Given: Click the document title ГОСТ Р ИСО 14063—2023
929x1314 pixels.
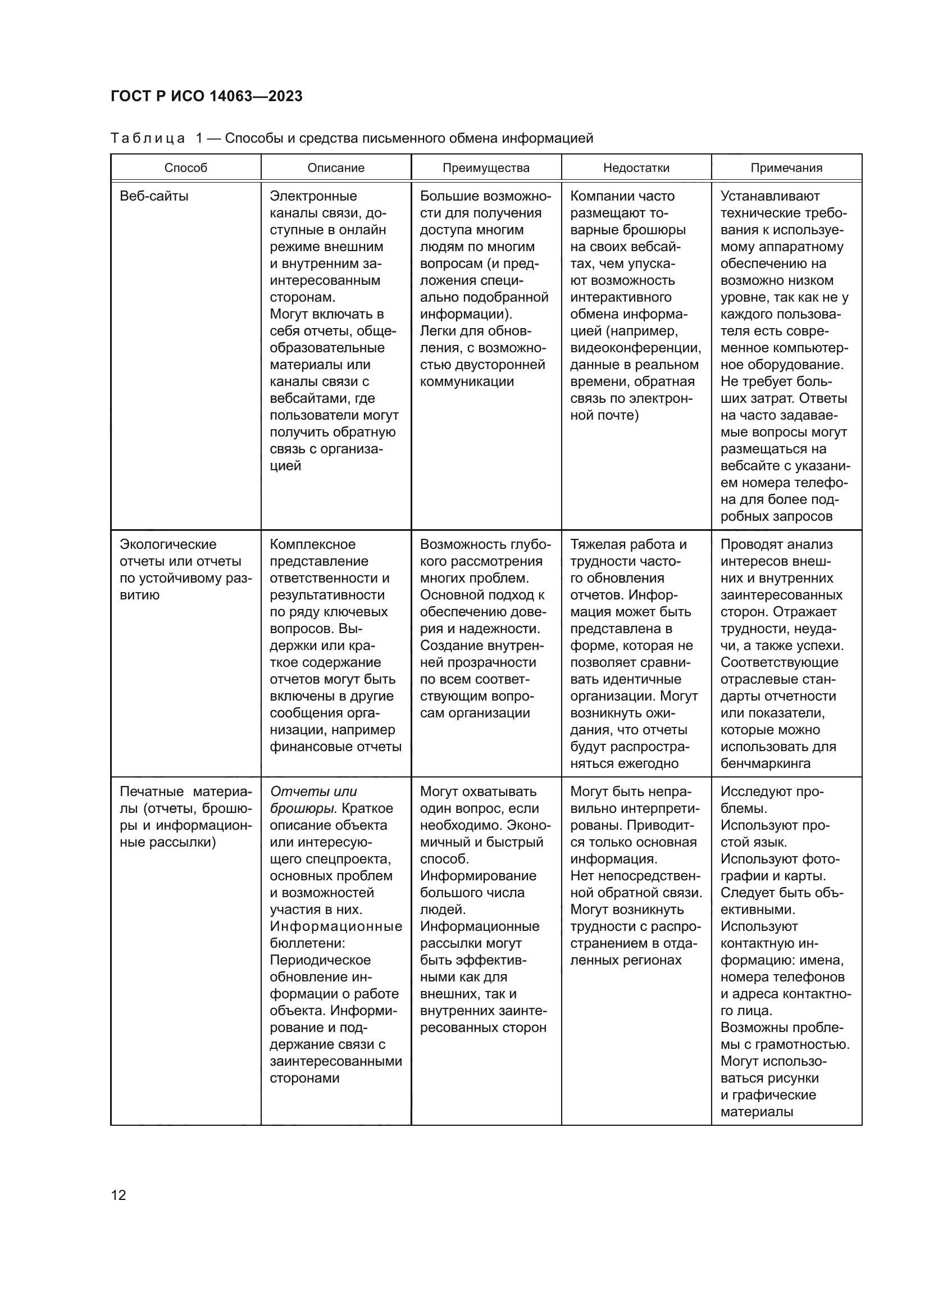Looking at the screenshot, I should [x=206, y=96].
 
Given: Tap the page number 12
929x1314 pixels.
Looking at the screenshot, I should [x=119, y=1195].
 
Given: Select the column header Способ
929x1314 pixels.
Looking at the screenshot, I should [x=185, y=167].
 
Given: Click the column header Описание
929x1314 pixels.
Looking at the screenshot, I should [x=336, y=167].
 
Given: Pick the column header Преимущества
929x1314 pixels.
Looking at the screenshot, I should [x=486, y=167].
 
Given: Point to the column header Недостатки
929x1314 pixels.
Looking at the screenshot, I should [x=636, y=167].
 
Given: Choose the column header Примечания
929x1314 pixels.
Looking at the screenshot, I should [x=786, y=167].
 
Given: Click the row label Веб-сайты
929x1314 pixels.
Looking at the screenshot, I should [x=154, y=196].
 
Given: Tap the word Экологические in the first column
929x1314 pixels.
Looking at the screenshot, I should [x=167, y=544].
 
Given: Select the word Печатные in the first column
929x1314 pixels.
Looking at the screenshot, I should [x=152, y=792].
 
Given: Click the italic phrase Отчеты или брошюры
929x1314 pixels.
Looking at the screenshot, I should [x=313, y=799].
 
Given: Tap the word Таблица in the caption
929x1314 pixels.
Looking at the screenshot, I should [x=148, y=139].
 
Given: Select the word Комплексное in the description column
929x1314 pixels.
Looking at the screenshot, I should [x=312, y=544].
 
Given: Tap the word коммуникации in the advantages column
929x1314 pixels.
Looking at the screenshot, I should [x=467, y=381].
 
